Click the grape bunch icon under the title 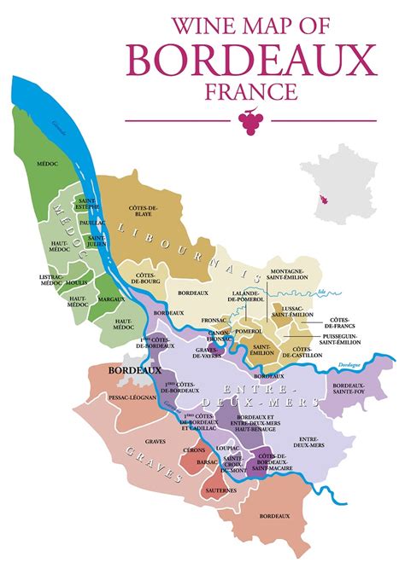tap(250, 122)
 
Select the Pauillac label tap(90, 221)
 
